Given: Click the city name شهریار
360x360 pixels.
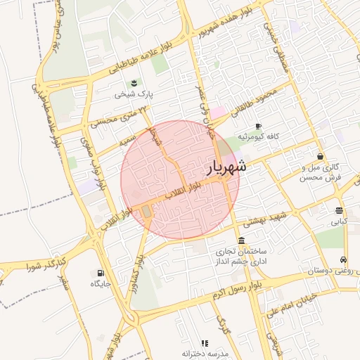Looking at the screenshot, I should (x=227, y=167).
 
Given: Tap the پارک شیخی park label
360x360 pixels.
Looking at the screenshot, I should (x=134, y=94).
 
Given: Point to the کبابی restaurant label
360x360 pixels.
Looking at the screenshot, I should (x=339, y=221).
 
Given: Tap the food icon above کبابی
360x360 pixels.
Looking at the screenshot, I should (x=339, y=210).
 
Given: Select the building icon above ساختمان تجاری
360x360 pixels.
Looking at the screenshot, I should (x=242, y=240).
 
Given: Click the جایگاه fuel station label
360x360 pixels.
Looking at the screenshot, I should (x=101, y=283).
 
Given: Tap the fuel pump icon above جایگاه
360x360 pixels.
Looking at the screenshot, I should (x=101, y=273).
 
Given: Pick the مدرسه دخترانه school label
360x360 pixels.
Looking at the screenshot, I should (x=205, y=354).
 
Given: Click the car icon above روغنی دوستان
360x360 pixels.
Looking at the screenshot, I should (x=343, y=259).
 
